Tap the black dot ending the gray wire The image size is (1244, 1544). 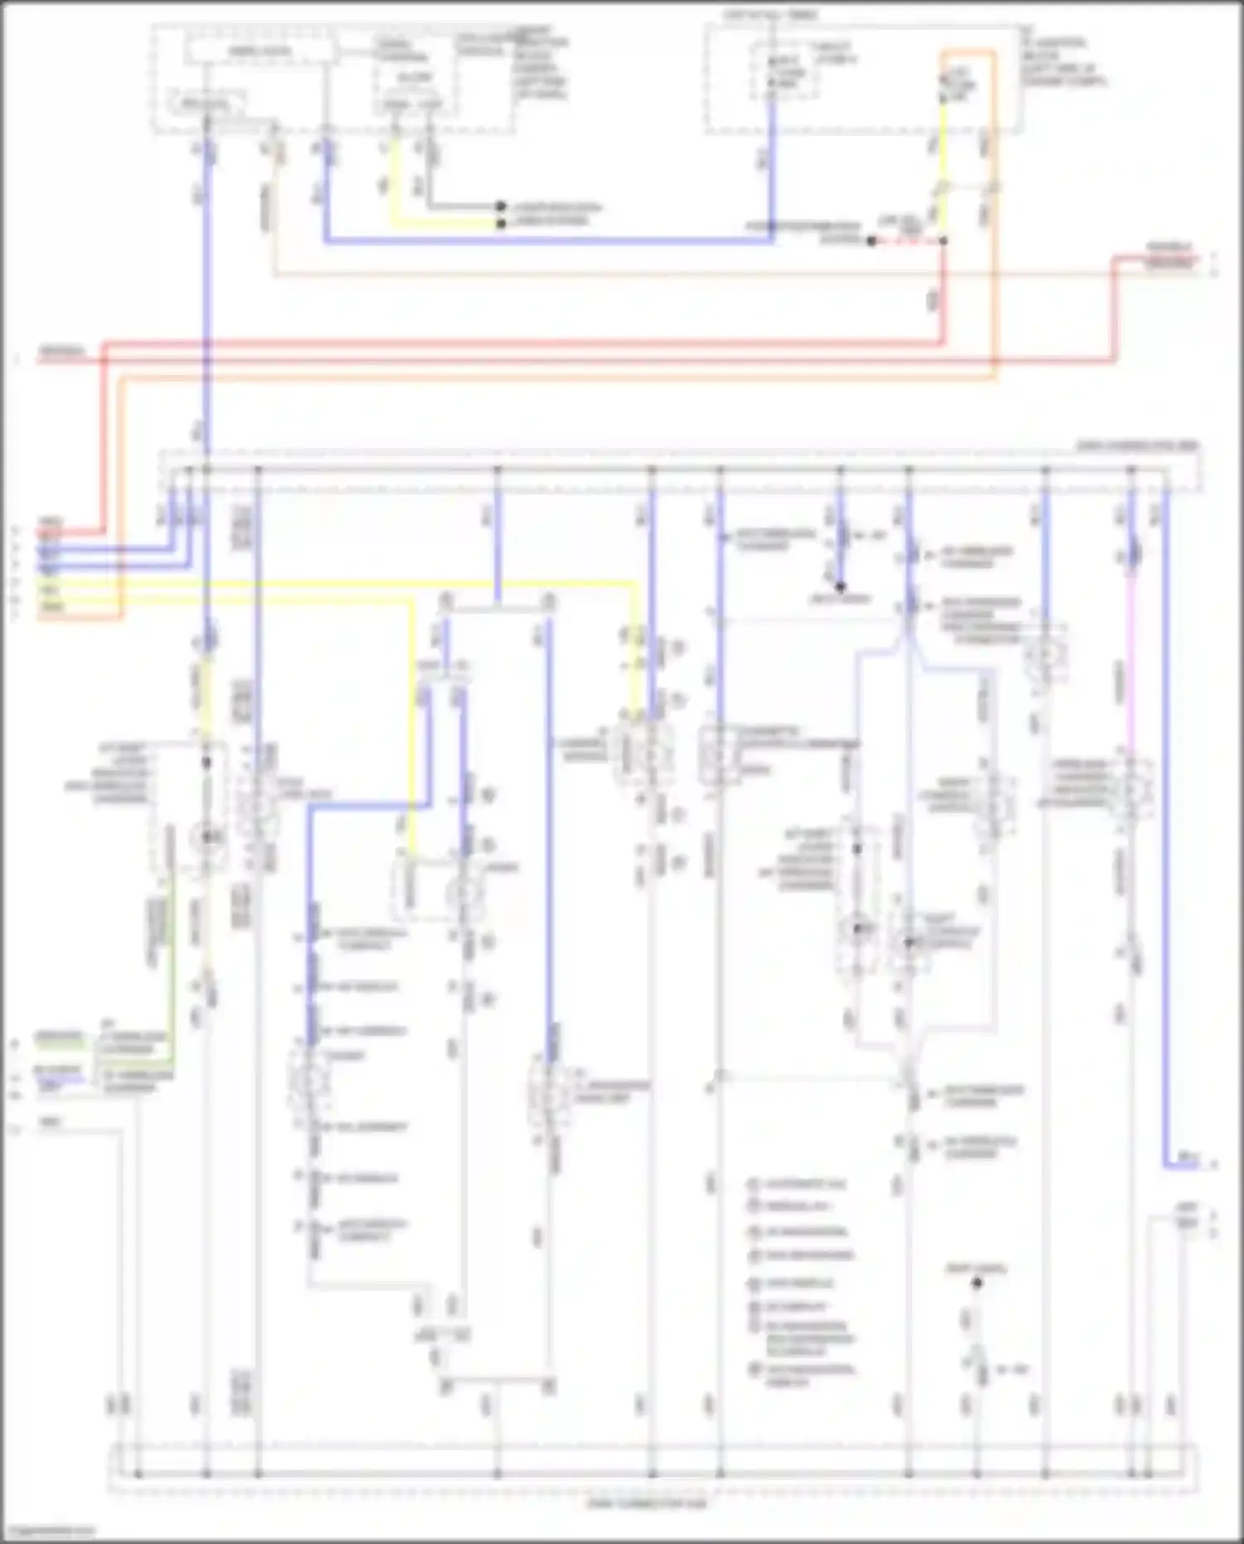pos(501,206)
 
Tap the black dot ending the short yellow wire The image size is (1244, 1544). pos(501,224)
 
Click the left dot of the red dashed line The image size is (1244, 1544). pos(872,241)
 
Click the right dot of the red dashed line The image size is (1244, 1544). pos(943,241)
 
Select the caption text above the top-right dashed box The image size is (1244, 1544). pos(771,15)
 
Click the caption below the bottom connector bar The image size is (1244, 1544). pos(646,1503)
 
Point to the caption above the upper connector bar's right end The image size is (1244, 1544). pos(1137,446)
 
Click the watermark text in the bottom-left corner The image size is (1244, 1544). pos(48,1531)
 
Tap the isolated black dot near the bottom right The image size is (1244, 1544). pos(977,1283)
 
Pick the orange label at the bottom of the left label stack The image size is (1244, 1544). pos(51,608)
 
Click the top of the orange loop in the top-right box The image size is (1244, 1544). pos(967,53)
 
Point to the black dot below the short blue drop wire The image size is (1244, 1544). pos(840,587)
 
